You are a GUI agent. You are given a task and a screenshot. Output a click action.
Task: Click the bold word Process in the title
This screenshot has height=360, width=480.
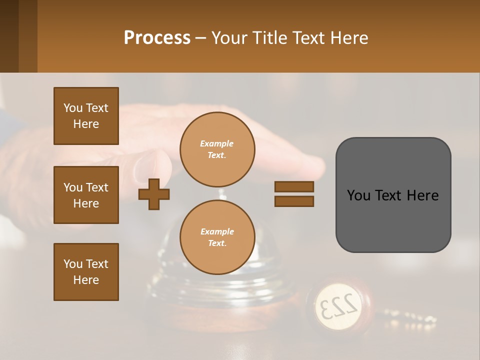157,37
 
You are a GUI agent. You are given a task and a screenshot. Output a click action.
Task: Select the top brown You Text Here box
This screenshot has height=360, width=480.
86,116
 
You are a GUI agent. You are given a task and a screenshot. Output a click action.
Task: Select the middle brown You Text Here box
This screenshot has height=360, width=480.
86,195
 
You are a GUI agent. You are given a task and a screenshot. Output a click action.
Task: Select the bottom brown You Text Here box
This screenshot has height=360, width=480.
86,272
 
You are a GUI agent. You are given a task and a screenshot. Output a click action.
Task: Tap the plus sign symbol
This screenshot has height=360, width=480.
154,194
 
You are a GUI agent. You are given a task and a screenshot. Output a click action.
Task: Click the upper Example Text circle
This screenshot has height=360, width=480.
217,149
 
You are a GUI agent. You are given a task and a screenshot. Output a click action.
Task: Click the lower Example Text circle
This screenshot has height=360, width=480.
217,237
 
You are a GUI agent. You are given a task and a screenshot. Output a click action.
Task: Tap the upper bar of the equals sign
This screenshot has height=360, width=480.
294,187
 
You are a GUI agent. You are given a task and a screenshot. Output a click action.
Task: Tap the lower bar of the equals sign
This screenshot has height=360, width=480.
294,201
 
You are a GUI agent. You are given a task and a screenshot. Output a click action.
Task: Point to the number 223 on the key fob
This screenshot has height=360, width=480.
338,304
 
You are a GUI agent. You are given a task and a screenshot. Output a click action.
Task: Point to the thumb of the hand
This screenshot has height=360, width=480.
150,167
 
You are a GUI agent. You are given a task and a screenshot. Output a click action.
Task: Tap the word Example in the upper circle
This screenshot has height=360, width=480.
217,143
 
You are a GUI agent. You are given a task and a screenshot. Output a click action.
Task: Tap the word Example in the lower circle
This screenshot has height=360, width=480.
217,231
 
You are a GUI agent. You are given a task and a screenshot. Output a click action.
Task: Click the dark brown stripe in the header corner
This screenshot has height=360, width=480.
9,36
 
